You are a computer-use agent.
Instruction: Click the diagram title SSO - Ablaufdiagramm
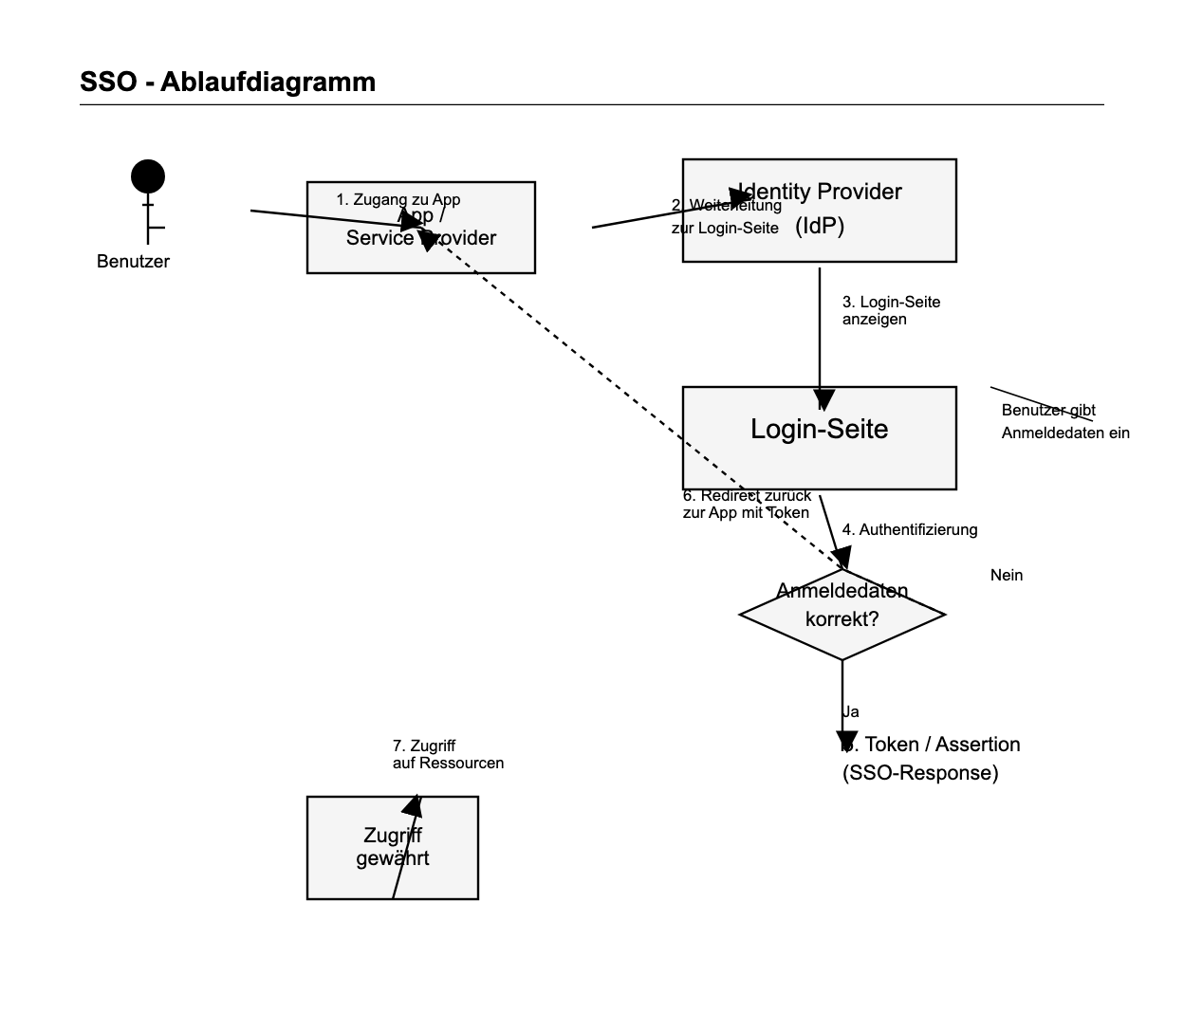[228, 82]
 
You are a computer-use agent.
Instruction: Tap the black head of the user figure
[148, 176]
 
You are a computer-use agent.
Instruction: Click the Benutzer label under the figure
[133, 262]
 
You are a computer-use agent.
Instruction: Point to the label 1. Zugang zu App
[398, 199]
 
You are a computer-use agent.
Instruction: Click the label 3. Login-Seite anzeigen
[891, 310]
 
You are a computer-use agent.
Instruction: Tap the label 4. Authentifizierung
[910, 529]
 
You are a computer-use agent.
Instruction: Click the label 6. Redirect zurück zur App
[747, 504]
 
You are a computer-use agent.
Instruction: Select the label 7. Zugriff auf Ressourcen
[448, 754]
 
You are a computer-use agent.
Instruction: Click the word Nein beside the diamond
[1007, 575]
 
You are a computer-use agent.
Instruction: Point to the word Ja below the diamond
[851, 711]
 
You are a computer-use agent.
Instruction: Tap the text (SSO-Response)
[920, 773]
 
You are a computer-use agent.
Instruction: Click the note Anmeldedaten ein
[1065, 433]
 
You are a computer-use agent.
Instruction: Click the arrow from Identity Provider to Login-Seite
[820, 332]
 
